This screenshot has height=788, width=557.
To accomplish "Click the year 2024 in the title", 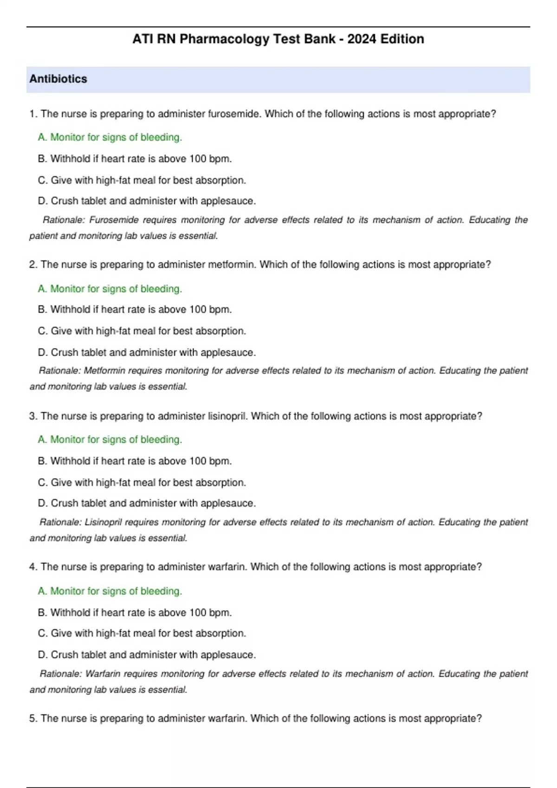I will pos(362,39).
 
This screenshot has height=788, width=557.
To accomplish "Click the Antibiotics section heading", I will pos(58,79).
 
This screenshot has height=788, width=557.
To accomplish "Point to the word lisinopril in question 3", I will pos(227,416).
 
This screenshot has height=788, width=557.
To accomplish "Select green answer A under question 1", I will pos(110,137).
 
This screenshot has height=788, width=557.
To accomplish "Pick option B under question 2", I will pos(135,310).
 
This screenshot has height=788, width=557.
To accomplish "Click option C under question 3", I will pos(142,483).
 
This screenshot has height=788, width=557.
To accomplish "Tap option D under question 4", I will pos(147,655).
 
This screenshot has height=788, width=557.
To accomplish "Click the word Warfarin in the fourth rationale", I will pos(103,674).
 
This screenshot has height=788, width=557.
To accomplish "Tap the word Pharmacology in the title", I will pos(225,39).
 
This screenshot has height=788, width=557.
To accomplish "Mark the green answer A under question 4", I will pos(110,591).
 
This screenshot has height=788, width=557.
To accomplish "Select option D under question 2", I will pos(147,353).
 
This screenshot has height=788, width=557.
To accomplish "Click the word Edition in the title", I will pos(402,39).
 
